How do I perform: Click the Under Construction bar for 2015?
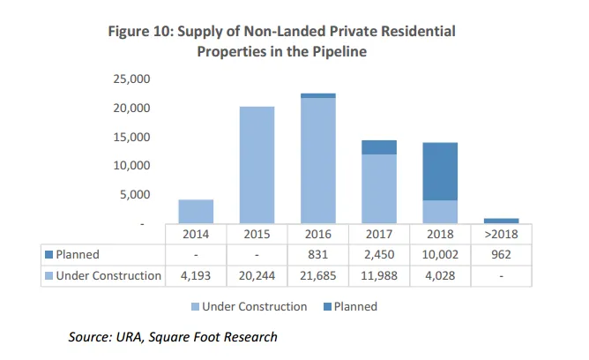click(x=257, y=165)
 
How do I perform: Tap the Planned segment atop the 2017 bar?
click(x=378, y=147)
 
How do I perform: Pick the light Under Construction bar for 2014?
click(x=196, y=212)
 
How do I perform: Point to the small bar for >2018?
click(x=501, y=221)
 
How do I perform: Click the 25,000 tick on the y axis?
click(x=132, y=79)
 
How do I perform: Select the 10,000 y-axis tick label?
click(x=132, y=166)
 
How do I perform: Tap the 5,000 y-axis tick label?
click(x=137, y=195)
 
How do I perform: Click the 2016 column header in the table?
click(x=317, y=235)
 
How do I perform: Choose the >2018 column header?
click(x=500, y=235)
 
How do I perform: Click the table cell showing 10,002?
click(x=439, y=255)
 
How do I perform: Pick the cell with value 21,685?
click(x=317, y=275)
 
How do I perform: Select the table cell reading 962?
click(x=500, y=255)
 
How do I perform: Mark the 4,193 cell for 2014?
click(x=196, y=275)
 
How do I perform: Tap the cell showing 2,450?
click(x=378, y=255)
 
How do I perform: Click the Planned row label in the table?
click(x=77, y=255)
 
